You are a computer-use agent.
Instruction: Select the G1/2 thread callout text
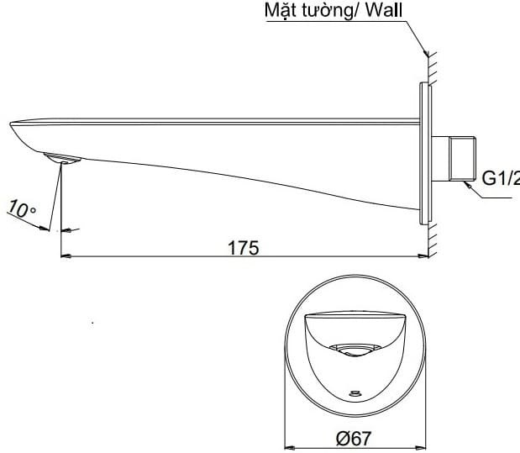(500, 177)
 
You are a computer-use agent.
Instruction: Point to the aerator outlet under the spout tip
(60, 158)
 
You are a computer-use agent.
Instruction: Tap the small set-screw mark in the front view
(354, 392)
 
